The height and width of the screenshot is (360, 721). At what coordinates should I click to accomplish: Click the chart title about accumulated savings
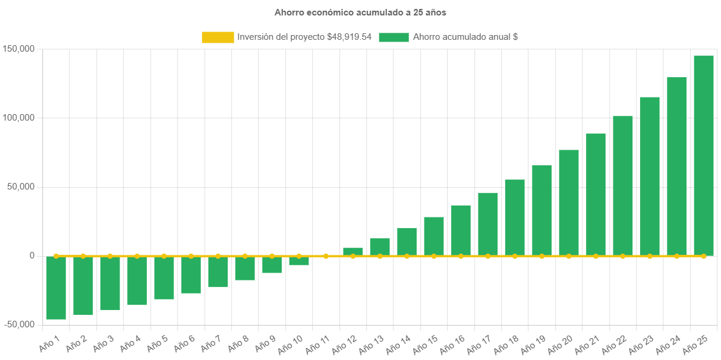[360, 12]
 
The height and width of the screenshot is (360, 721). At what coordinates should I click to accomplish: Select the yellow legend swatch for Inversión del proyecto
[218, 37]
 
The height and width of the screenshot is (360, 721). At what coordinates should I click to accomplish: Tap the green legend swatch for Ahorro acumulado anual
[393, 37]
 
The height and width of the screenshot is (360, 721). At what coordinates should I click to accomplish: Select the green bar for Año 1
[56, 288]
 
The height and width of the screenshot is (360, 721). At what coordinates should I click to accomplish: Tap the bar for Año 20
[569, 203]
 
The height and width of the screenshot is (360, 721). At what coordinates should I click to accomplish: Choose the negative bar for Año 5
[164, 278]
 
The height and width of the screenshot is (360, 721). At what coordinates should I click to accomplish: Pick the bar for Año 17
[488, 224]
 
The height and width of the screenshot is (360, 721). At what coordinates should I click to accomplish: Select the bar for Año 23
[650, 176]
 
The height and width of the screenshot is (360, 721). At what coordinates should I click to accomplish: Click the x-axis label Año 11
[317, 344]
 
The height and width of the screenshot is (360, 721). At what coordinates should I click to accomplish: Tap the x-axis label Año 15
[426, 344]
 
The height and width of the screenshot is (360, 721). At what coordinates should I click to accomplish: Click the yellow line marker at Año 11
[326, 256]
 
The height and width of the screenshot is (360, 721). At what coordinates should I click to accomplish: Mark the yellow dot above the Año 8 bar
[245, 256]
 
